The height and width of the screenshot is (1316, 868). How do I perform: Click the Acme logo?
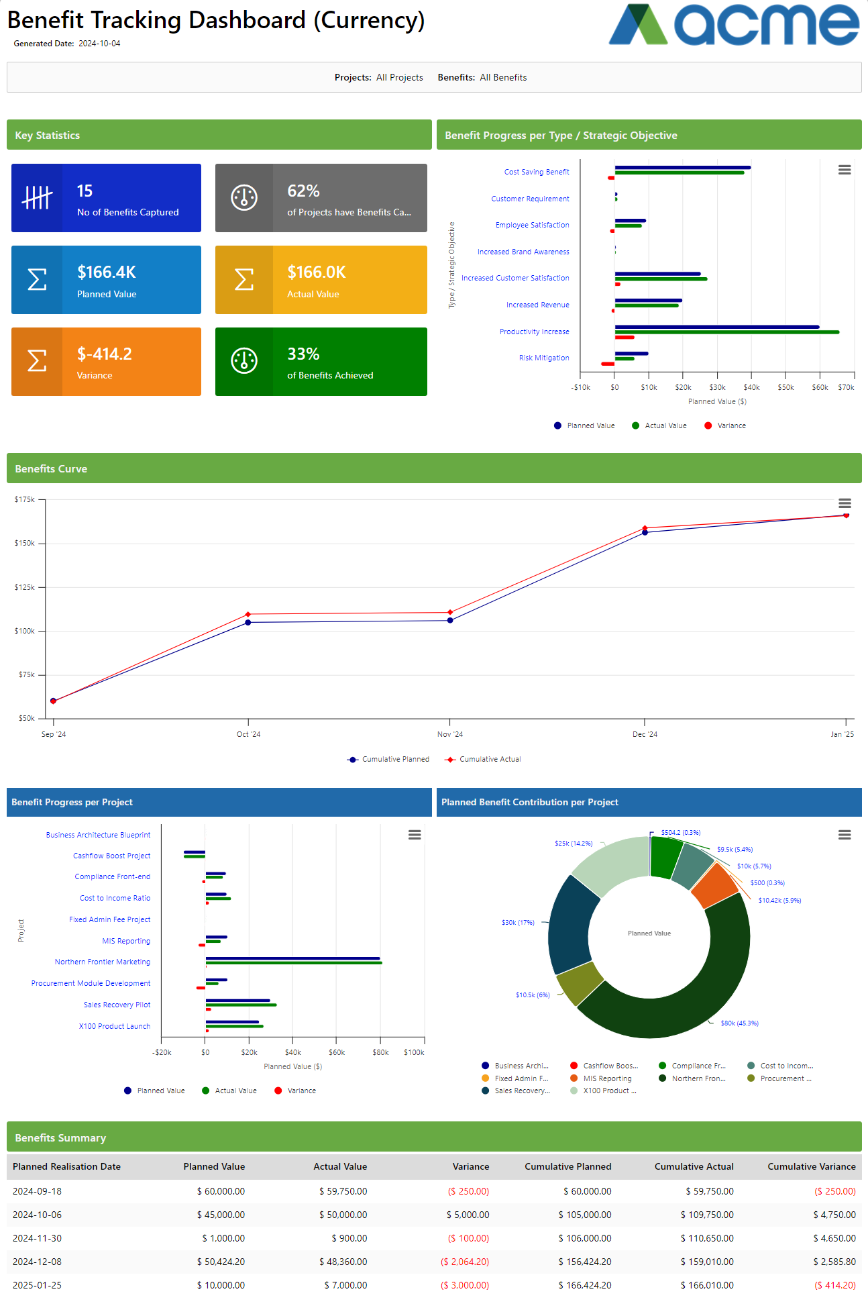click(733, 25)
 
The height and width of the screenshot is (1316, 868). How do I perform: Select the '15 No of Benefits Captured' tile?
click(106, 198)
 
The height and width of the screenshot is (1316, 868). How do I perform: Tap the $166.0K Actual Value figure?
click(316, 272)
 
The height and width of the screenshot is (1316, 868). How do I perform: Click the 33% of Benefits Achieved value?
click(303, 354)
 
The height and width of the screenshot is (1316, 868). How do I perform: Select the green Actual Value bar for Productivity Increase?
click(726, 332)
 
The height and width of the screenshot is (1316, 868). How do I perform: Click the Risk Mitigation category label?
click(543, 358)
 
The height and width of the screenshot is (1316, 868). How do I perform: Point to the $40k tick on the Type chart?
click(751, 387)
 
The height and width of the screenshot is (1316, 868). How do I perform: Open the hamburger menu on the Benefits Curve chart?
click(845, 503)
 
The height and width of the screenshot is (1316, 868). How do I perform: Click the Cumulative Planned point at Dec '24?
click(645, 533)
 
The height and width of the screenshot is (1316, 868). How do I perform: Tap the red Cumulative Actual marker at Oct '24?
click(248, 614)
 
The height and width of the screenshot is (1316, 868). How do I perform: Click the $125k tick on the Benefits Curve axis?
click(25, 587)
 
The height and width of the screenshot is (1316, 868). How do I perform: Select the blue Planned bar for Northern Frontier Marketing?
click(292, 958)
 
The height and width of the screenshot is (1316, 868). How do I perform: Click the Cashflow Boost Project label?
click(111, 856)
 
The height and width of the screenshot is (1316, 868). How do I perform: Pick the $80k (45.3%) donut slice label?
click(739, 1023)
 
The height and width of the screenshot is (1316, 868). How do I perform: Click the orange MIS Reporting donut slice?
click(714, 885)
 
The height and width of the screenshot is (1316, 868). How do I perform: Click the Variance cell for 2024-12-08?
click(465, 1262)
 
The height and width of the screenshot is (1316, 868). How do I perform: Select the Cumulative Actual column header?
click(694, 1166)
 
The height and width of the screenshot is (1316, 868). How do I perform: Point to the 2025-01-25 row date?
click(37, 1285)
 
